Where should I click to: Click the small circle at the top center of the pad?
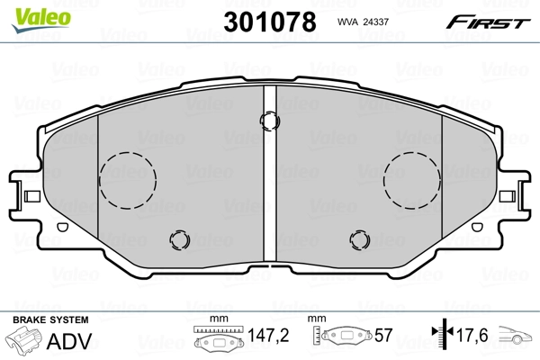click(267, 120)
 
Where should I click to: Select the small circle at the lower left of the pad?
click(180, 239)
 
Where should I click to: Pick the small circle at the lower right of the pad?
click(360, 239)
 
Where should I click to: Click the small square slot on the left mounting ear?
click(30, 195)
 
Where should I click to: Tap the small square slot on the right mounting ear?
click(510, 195)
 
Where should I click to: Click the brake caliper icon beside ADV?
click(26, 341)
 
